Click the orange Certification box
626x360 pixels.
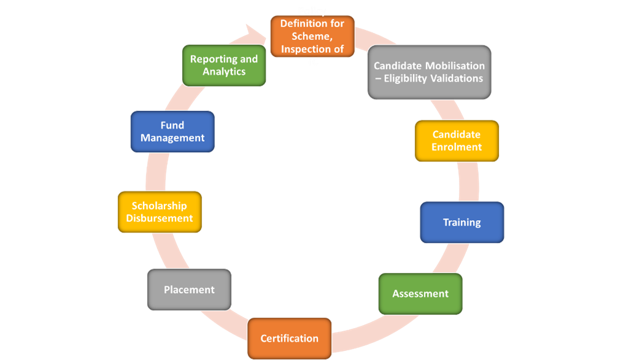click(x=290, y=339)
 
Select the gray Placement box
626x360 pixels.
click(x=189, y=289)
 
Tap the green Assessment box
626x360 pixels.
click(x=420, y=294)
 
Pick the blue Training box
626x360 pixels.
click(x=462, y=222)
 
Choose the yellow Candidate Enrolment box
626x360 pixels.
click(x=457, y=141)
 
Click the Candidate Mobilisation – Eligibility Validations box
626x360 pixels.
click(x=429, y=72)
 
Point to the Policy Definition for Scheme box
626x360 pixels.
click(x=312, y=36)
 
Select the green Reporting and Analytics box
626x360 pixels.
click(x=224, y=65)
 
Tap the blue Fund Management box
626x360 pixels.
click(x=172, y=131)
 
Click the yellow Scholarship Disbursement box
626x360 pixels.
click(x=160, y=212)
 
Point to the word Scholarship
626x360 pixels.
click(x=159, y=205)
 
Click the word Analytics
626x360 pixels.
click(x=224, y=72)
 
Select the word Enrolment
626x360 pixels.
click(x=457, y=147)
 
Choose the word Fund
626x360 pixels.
click(x=172, y=125)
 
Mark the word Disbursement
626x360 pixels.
click(x=160, y=218)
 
